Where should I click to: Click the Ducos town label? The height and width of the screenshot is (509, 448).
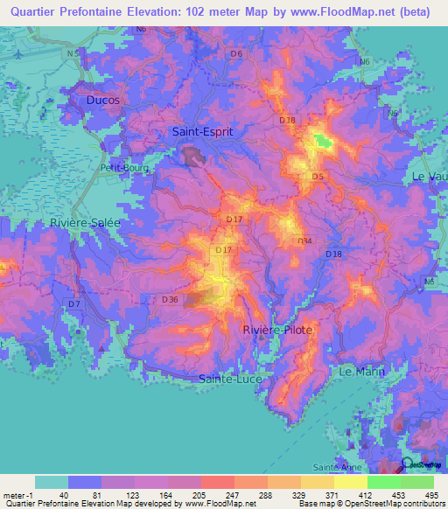pyautogui.click(x=102, y=101)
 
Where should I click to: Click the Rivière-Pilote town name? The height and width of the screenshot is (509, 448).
pyautogui.click(x=276, y=330)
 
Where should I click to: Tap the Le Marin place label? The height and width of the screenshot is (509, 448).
pyautogui.click(x=360, y=372)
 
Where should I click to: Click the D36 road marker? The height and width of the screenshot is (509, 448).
pyautogui.click(x=170, y=300)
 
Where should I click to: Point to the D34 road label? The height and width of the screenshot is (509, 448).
pyautogui.click(x=304, y=241)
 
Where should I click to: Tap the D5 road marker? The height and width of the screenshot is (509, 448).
pyautogui.click(x=318, y=178)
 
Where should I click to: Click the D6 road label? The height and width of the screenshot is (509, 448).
pyautogui.click(x=235, y=54)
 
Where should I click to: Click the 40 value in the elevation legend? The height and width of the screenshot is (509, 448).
pyautogui.click(x=63, y=495)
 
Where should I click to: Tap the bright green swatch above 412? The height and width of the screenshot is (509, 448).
pyautogui.click(x=383, y=482)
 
